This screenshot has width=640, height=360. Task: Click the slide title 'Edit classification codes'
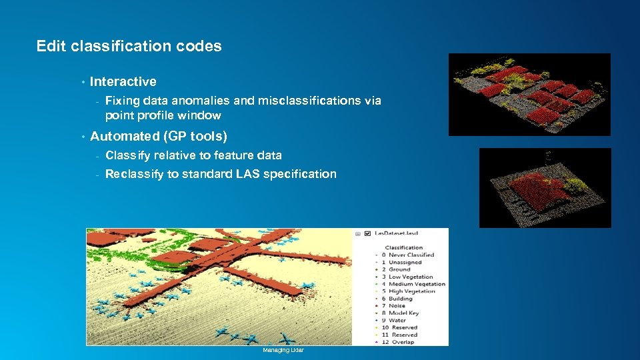click(129, 46)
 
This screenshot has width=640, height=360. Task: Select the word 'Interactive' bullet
click(123, 81)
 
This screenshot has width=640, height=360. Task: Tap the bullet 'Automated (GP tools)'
click(158, 136)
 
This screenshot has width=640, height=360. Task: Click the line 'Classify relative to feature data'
click(193, 155)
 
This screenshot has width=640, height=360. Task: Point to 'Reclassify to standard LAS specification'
click(221, 174)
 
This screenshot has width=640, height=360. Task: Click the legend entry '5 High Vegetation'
click(411, 291)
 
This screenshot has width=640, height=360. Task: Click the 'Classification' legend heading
click(403, 247)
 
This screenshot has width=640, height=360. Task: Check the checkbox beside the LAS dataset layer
click(367, 234)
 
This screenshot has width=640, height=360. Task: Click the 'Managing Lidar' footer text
click(283, 350)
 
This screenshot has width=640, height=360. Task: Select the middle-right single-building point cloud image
click(545, 187)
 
